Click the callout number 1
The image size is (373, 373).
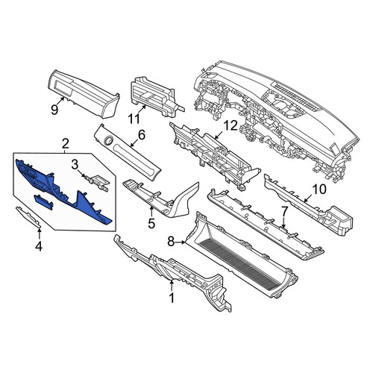pos(172,298)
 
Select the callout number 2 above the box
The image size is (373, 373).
pos(65,144)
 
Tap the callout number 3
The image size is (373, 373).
pos(75,164)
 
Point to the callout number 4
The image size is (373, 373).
pos(39,246)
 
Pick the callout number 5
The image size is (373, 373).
pos(151,223)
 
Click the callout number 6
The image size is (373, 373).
pos(141,135)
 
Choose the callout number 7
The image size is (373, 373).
pos(284,211)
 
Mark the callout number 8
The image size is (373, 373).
pos(171,242)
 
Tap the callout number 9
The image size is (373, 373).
pos(54,110)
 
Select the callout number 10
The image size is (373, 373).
pos(319,189)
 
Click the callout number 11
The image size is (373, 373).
pos(134,119)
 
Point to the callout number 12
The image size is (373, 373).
pos(231,126)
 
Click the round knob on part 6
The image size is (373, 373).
pos(108,140)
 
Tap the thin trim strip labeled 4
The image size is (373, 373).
pos(28,217)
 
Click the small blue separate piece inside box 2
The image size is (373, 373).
pos(43,202)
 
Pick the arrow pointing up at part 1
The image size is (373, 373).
pos(172,285)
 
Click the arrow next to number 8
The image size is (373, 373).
pos(181,242)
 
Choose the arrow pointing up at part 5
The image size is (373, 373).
pos(151,212)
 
